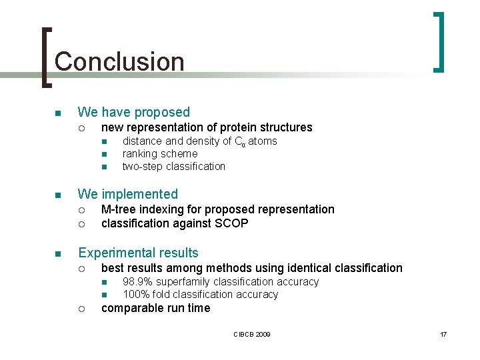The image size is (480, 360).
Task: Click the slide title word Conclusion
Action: tap(119, 61)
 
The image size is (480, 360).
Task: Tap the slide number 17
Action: tap(443, 334)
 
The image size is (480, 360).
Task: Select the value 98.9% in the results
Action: tap(138, 282)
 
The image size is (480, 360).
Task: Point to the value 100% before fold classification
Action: tap(136, 295)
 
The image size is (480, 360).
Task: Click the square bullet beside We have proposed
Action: tap(58, 113)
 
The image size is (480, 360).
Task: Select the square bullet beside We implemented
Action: tap(58, 195)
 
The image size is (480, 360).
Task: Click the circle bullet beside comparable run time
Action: tap(81, 309)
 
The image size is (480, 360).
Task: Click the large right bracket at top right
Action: tap(439, 41)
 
